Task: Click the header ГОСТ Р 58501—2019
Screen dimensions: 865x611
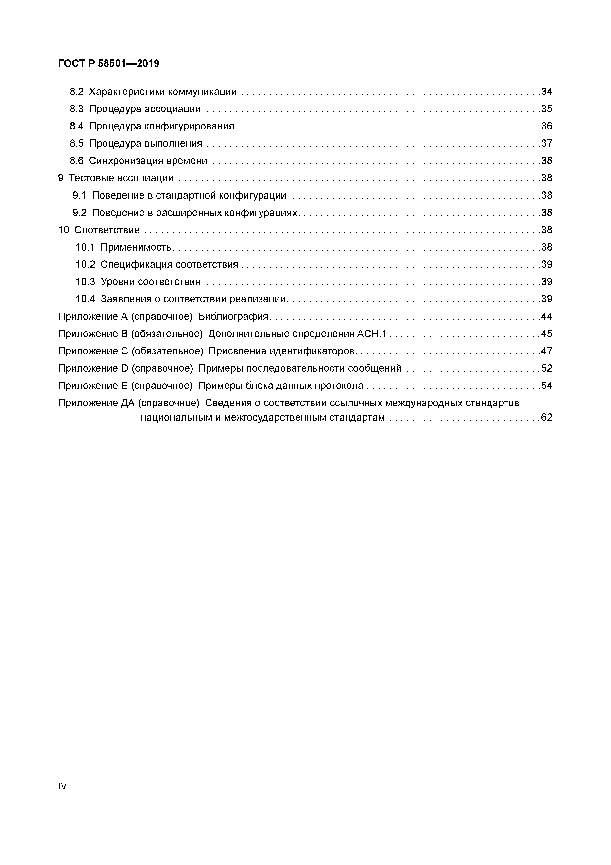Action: [108, 64]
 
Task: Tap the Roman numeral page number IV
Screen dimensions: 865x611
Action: [62, 786]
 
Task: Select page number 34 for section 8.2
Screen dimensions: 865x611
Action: [547, 92]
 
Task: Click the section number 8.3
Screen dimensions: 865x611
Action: [76, 109]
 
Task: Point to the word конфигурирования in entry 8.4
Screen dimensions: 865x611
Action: [189, 126]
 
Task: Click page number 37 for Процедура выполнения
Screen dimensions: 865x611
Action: [547, 144]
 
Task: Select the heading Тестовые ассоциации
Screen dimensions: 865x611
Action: [121, 178]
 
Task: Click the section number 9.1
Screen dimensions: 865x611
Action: [79, 196]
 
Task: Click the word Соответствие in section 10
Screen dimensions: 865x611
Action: [107, 230]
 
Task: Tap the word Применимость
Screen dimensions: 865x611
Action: [136, 247]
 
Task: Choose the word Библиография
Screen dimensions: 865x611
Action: [233, 316]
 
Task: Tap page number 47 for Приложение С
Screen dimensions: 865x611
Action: [547, 351]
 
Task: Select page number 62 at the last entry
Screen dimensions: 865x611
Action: [547, 417]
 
